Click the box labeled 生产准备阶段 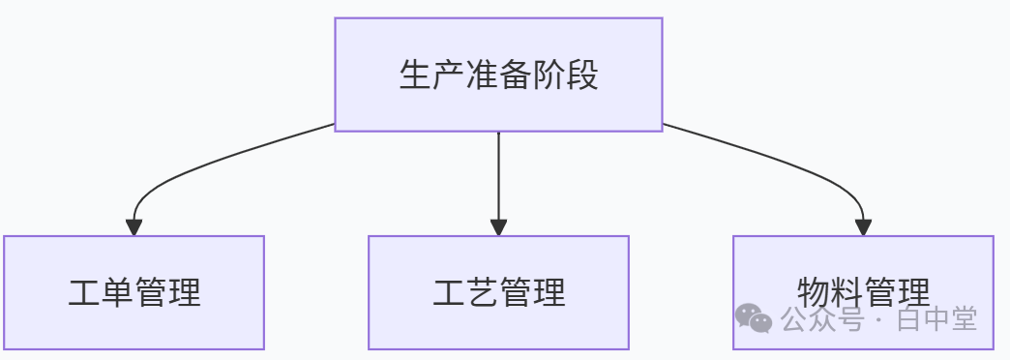(x=498, y=75)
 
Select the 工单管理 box (x=134, y=292)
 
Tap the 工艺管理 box (x=498, y=292)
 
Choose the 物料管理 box (x=863, y=292)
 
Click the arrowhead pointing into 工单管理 (x=134, y=227)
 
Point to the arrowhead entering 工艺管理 (x=498, y=227)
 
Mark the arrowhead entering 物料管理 (x=863, y=227)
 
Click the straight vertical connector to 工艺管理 (x=498, y=176)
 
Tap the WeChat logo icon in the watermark (x=754, y=318)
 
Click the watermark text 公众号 (x=821, y=318)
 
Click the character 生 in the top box (x=415, y=75)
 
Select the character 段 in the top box (x=582, y=75)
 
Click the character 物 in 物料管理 (x=814, y=292)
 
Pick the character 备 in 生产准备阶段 (x=516, y=75)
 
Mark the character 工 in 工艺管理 (x=449, y=292)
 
